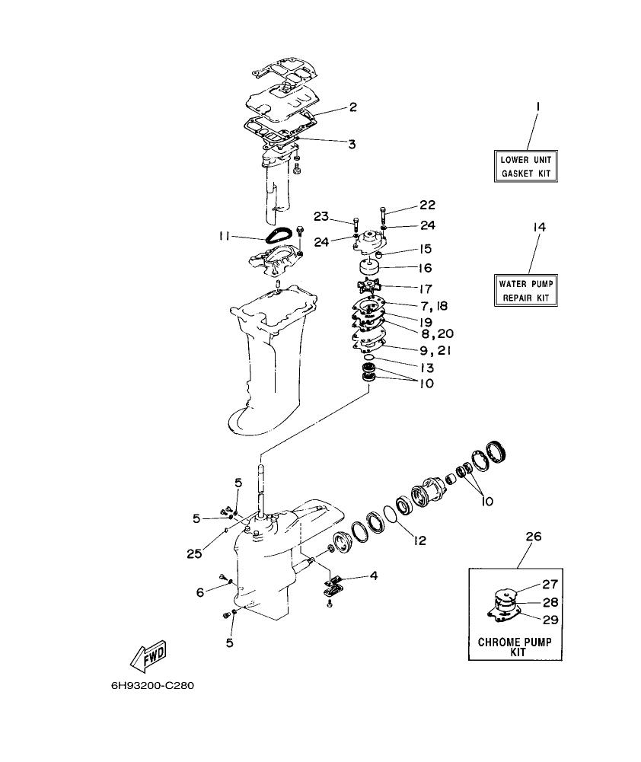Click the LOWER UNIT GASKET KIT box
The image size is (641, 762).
tap(524, 167)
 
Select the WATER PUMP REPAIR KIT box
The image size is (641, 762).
tap(524, 291)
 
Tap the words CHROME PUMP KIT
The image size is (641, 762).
tap(519, 647)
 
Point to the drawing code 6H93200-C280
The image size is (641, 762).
tap(153, 685)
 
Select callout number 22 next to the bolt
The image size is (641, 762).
tap(427, 206)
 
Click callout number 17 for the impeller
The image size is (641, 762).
tap(425, 289)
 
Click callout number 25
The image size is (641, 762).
tap(194, 553)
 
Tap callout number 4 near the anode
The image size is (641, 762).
tap(373, 575)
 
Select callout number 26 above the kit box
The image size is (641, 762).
tap(533, 536)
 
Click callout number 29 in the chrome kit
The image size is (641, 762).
tap(550, 620)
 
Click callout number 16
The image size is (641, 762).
tap(425, 268)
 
